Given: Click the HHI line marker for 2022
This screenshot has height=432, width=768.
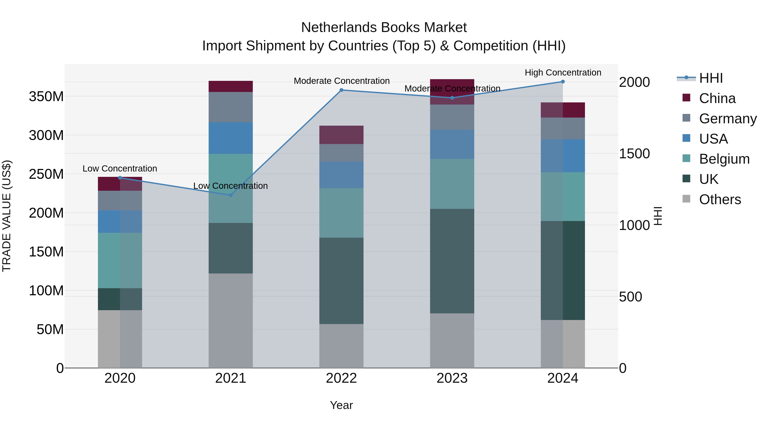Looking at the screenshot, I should (x=341, y=90).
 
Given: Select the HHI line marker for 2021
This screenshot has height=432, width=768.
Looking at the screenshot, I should (x=230, y=195).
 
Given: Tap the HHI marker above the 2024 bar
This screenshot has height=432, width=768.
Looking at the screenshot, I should (x=563, y=82).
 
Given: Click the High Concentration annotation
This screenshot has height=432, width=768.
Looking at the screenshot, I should (x=563, y=73).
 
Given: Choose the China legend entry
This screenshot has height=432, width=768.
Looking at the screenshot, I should (x=717, y=98).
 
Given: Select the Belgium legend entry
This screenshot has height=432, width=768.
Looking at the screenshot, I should (x=724, y=159).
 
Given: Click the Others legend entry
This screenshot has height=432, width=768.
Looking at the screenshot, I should (x=720, y=199).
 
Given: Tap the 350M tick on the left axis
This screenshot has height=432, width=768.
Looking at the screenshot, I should (x=46, y=97).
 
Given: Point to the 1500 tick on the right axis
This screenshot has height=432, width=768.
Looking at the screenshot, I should (x=634, y=154).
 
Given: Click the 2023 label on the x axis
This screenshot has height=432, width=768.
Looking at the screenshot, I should (x=452, y=378).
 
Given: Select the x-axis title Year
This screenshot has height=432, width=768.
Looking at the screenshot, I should (x=341, y=405).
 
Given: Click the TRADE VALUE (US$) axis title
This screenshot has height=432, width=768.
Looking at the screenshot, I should (x=7, y=216).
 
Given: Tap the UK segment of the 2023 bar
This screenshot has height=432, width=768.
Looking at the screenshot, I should (x=452, y=261).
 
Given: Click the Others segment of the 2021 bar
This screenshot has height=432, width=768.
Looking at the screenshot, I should (x=230, y=320).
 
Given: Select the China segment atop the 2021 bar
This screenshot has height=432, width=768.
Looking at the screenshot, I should (x=230, y=86).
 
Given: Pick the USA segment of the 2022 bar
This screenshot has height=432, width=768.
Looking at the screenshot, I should (x=341, y=175).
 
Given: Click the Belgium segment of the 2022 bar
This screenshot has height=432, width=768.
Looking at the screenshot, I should (x=341, y=213).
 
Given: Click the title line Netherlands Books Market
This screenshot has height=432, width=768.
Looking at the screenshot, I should (x=384, y=28).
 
